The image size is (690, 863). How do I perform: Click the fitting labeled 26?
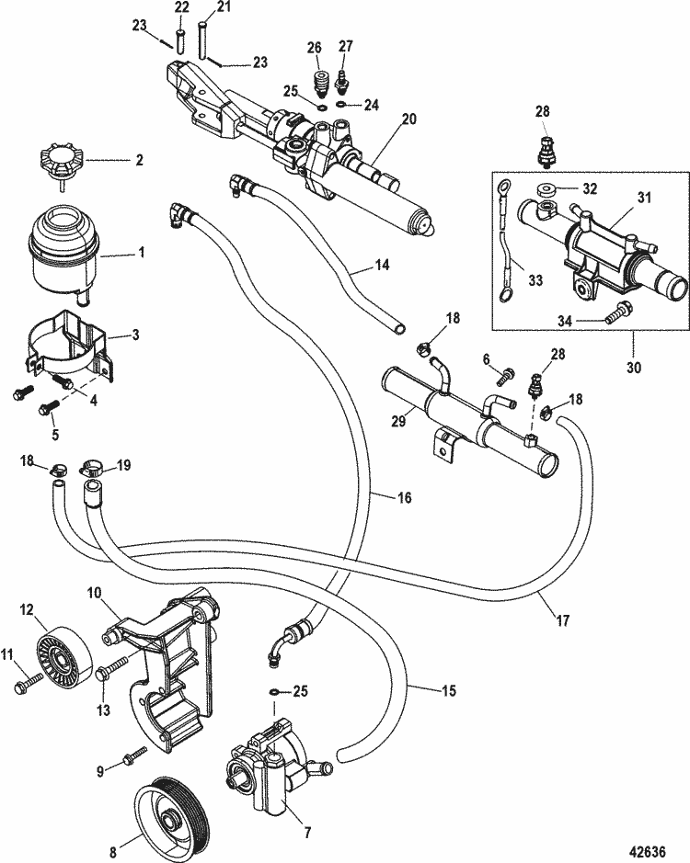tap(321, 77)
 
